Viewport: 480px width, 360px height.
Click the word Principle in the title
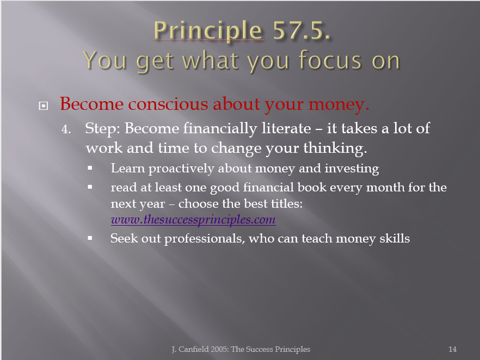tap(208, 31)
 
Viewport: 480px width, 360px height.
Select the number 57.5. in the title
tap(302, 30)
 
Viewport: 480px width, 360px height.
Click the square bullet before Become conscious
tap(44, 106)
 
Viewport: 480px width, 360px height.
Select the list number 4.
tap(66, 129)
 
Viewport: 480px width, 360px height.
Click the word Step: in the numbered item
tap(102, 129)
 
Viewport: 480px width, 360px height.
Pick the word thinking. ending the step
tap(335, 148)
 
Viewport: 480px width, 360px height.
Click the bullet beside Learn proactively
tap(90, 168)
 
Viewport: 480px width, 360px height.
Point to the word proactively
tap(181, 169)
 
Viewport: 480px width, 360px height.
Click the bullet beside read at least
tap(90, 187)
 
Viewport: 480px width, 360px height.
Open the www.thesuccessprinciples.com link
tap(193, 220)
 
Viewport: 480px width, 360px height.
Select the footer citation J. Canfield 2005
tap(200, 349)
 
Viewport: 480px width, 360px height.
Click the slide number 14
tap(452, 349)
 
